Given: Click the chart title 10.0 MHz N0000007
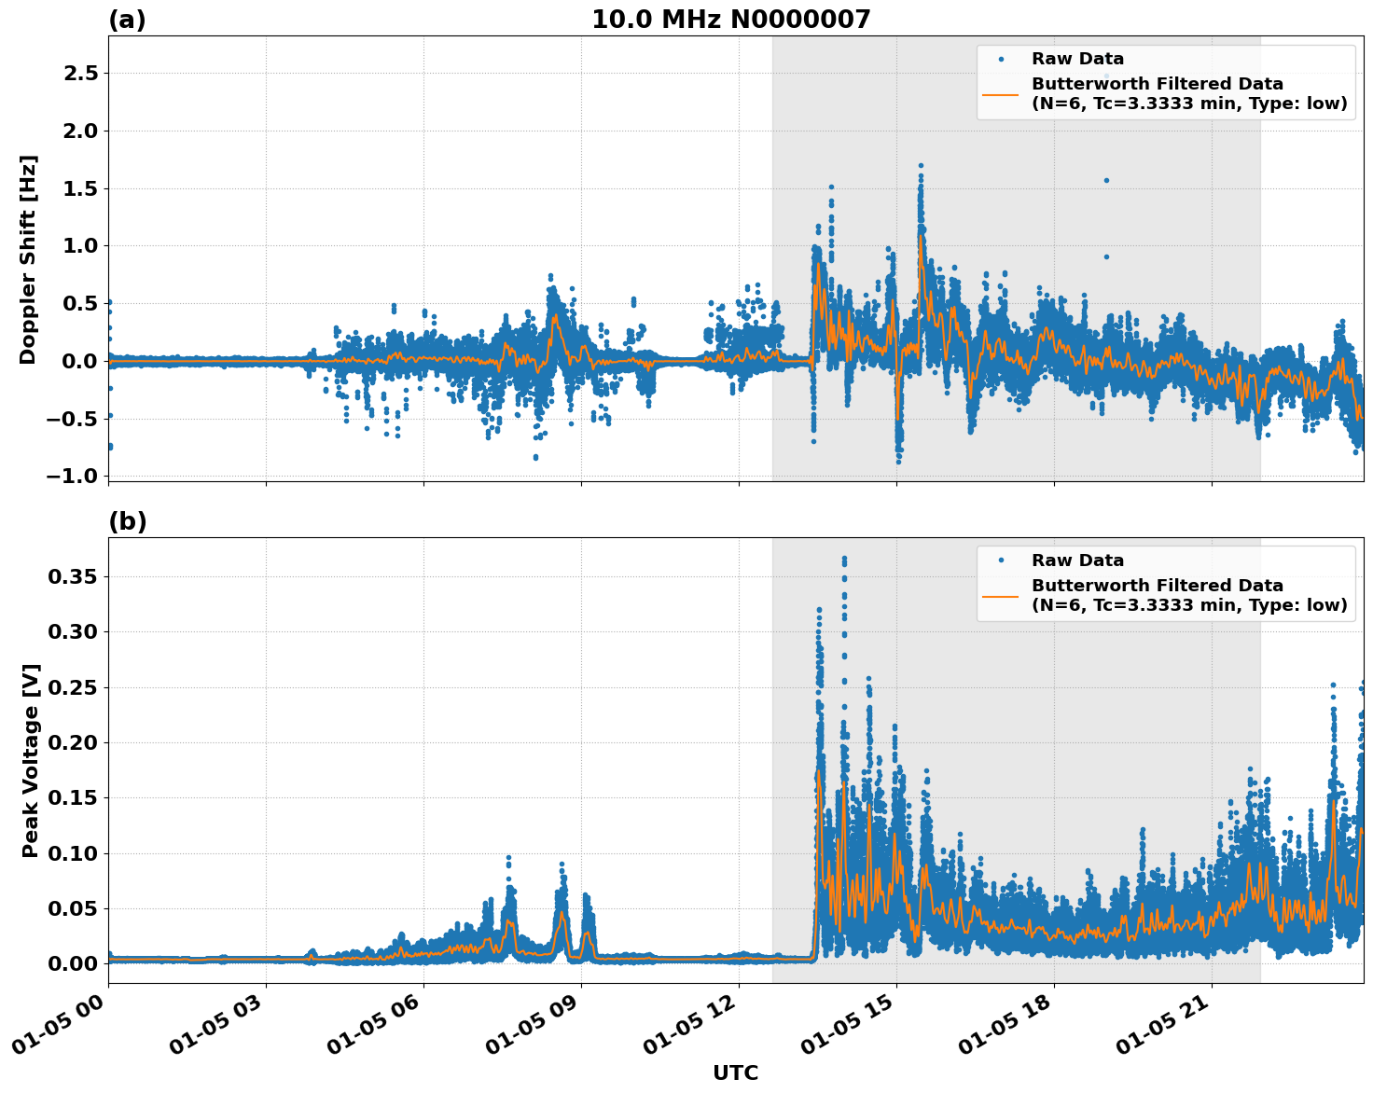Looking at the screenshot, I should [730, 20].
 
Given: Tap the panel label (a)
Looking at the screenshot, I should [127, 20].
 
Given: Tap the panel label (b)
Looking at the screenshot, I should [127, 521].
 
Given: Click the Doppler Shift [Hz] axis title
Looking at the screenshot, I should [28, 259].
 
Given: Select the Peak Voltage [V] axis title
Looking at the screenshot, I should [31, 760].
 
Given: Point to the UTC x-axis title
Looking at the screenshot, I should [735, 1072].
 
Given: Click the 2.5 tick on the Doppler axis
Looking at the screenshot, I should [80, 74].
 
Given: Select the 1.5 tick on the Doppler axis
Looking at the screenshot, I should [80, 188].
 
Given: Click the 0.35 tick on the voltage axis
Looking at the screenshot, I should [73, 577].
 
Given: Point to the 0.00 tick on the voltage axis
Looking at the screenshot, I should [73, 963].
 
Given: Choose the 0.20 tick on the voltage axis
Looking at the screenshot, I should [73, 742].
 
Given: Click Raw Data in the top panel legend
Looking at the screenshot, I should [1077, 59].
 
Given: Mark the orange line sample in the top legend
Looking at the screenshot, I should [1001, 93].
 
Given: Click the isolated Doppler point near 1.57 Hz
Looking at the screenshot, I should [1106, 180].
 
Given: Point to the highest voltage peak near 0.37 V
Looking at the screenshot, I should [844, 559].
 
